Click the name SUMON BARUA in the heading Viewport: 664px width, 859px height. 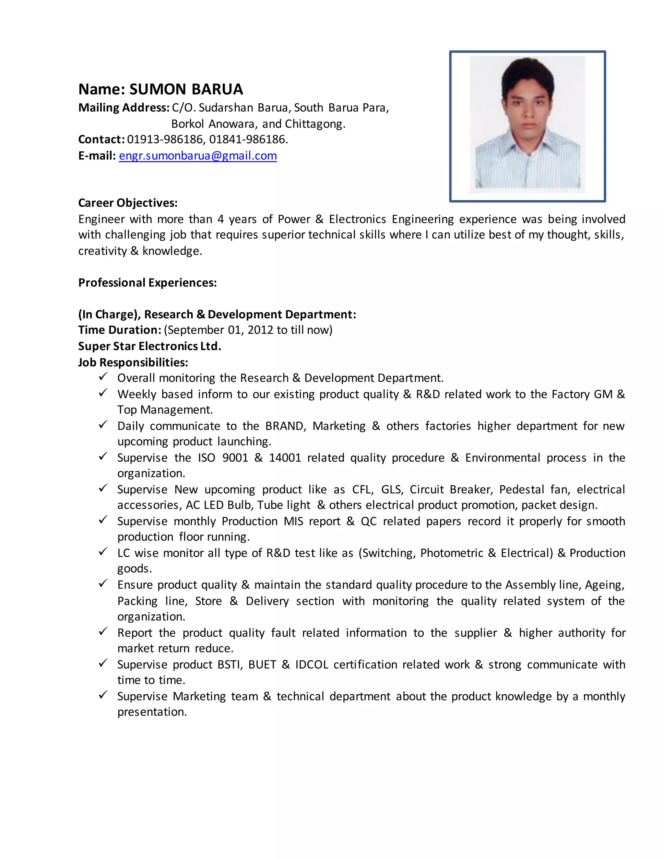coord(186,89)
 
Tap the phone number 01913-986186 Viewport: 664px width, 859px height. coord(164,139)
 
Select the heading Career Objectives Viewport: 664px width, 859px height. coord(128,203)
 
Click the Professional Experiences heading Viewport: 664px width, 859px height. coord(148,283)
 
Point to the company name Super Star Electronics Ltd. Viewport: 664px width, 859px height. coord(149,346)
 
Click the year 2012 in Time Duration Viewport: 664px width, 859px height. coord(260,330)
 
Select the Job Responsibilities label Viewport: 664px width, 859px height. coord(133,362)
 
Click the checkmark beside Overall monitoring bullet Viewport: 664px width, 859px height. coord(103,377)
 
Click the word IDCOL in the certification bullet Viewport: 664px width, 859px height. coord(312,665)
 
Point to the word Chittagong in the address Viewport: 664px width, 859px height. coord(315,124)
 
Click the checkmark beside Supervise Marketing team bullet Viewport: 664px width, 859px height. coord(103,695)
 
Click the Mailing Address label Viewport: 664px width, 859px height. coord(124,107)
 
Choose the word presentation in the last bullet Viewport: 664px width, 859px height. coord(152,712)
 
